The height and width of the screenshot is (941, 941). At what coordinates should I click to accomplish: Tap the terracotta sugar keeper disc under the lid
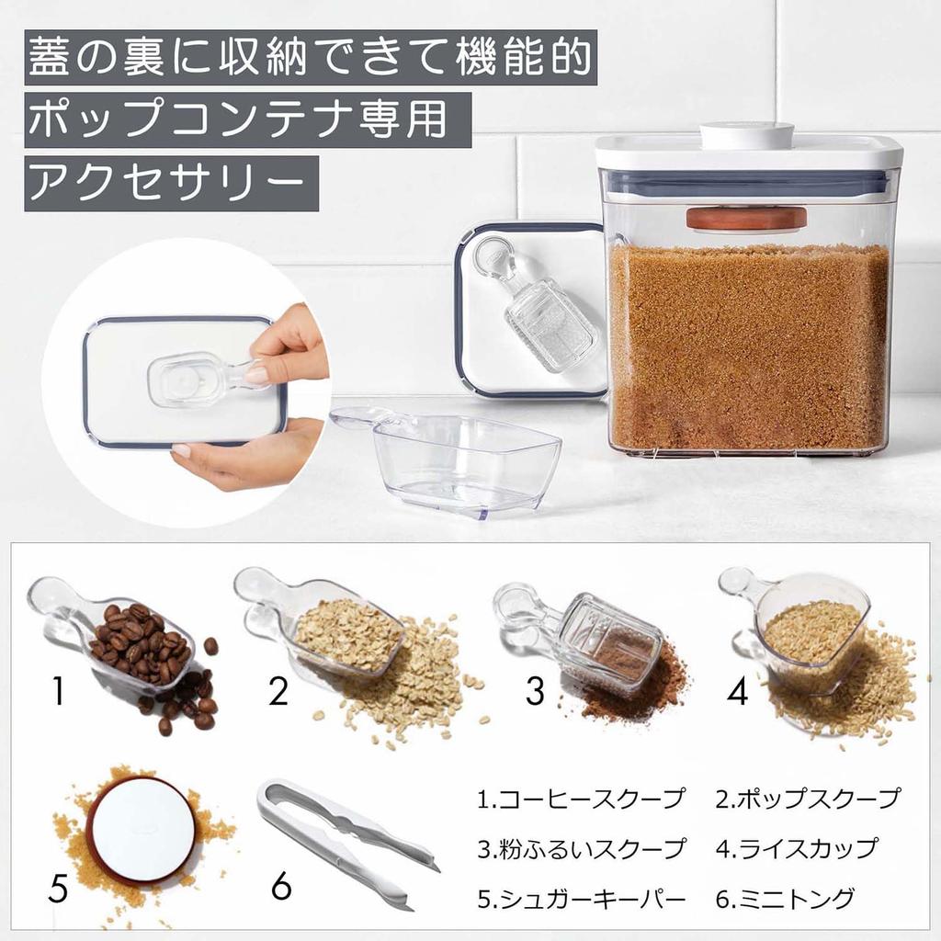click(x=745, y=218)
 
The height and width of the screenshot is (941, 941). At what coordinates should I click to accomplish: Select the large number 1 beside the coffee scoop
click(x=58, y=691)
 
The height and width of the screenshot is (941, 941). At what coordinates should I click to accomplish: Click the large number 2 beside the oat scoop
click(x=279, y=691)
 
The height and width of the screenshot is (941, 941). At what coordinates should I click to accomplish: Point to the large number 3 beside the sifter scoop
click(x=535, y=691)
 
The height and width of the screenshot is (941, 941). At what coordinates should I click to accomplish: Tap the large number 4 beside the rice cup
click(x=737, y=691)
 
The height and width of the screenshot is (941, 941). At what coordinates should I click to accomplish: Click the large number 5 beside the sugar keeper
click(x=58, y=888)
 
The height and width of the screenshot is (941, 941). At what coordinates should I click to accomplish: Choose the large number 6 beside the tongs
click(x=281, y=888)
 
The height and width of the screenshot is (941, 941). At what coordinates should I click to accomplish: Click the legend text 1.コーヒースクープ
click(x=581, y=799)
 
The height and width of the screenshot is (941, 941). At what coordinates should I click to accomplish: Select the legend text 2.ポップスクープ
click(x=808, y=799)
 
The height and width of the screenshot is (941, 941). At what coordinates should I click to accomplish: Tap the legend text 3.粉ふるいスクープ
click(x=581, y=847)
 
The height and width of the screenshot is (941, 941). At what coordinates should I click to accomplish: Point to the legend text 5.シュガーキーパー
click(x=581, y=897)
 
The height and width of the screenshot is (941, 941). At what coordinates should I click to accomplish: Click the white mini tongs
click(x=345, y=841)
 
